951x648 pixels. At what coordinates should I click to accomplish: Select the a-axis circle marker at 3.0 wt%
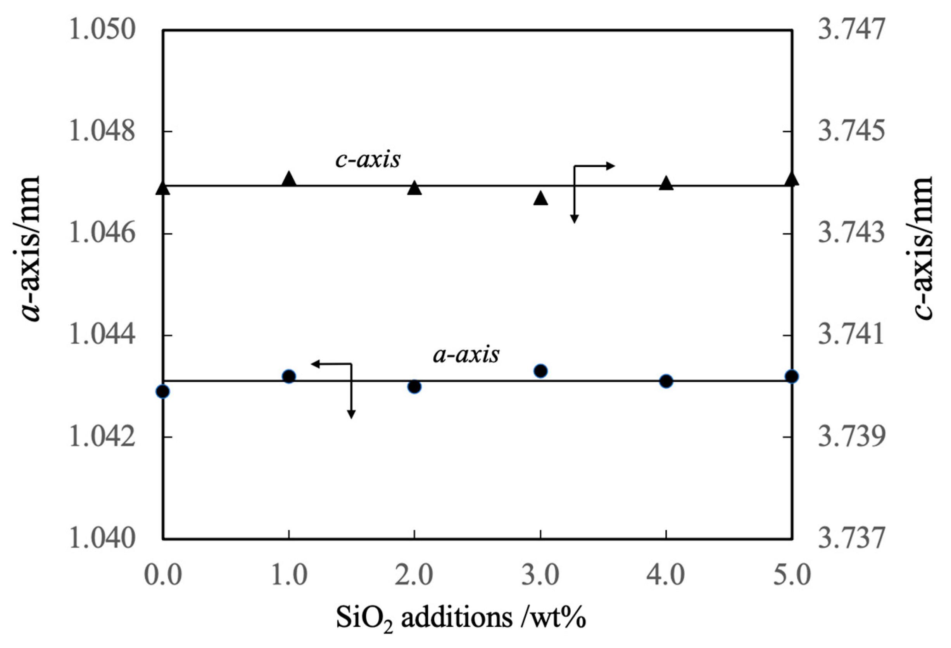pyautogui.click(x=540, y=371)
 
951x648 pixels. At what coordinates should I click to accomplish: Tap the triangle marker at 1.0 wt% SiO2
pyautogui.click(x=289, y=179)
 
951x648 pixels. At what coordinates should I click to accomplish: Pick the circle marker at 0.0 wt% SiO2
pyautogui.click(x=163, y=391)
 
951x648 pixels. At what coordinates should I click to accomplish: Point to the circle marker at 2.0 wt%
pyautogui.click(x=414, y=387)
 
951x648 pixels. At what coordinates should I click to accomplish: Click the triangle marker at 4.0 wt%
pyautogui.click(x=666, y=184)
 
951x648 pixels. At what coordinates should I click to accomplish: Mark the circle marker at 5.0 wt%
pyautogui.click(x=792, y=376)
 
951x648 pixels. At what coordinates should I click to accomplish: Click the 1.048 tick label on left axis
pyautogui.click(x=102, y=132)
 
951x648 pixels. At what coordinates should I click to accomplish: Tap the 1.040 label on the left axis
pyautogui.click(x=102, y=539)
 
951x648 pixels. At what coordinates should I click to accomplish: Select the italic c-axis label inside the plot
pyautogui.click(x=368, y=160)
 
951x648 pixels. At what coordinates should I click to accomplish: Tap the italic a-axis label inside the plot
pyautogui.click(x=466, y=354)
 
